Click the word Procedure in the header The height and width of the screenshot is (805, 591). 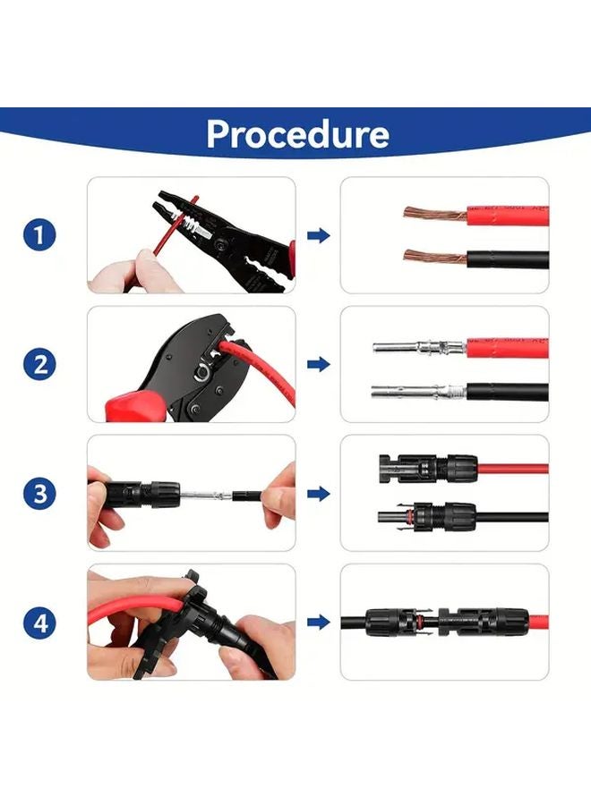[297, 133]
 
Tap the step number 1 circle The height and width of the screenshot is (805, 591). [39, 236]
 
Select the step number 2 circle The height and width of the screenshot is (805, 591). [39, 365]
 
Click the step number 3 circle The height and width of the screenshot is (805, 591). [39, 493]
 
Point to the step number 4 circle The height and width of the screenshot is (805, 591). [39, 623]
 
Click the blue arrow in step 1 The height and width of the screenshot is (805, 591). [318, 236]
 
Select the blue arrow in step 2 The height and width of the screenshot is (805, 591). [318, 365]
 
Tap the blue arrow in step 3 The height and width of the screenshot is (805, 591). [318, 493]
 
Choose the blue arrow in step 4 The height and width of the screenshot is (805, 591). [318, 623]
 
